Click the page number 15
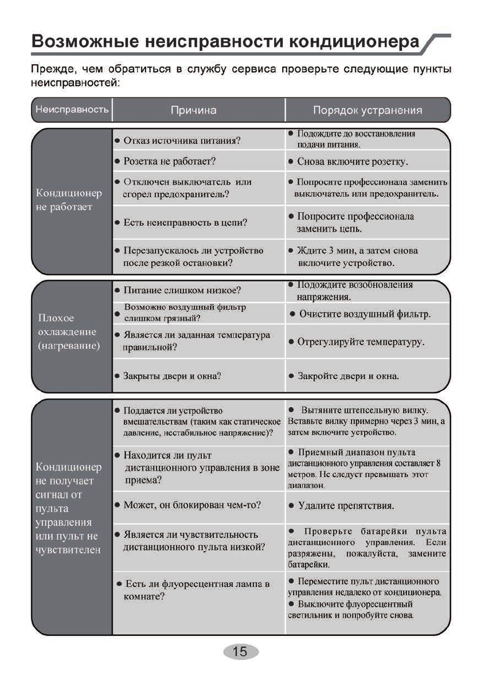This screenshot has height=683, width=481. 240,651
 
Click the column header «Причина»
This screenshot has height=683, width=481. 194,110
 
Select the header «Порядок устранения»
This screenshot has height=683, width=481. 367,110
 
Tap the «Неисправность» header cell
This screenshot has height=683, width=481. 72,110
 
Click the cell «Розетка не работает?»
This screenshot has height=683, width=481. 170,162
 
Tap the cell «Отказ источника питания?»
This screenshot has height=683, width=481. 182,140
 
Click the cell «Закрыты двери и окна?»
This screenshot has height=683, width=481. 173,376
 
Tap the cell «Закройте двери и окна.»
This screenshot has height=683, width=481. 348,376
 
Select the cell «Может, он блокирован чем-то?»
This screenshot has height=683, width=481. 193,505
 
